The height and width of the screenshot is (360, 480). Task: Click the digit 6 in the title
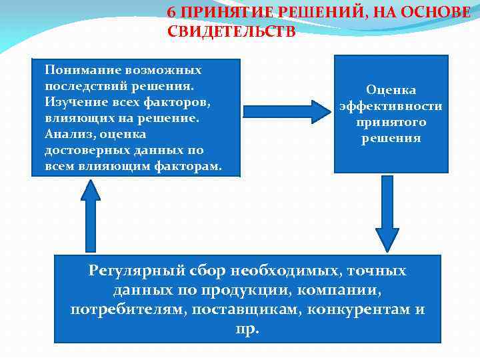(171, 13)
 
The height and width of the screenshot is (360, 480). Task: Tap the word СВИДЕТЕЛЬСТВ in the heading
(231, 31)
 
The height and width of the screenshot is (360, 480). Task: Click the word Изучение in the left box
(72, 102)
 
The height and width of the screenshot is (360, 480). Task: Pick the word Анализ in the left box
(65, 134)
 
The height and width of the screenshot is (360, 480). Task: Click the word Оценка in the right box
(391, 90)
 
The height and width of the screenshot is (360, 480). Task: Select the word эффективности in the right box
(391, 106)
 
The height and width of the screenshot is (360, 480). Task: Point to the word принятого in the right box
(391, 122)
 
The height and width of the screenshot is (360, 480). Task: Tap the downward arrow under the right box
(387, 213)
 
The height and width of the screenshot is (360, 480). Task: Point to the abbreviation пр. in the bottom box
(247, 329)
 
